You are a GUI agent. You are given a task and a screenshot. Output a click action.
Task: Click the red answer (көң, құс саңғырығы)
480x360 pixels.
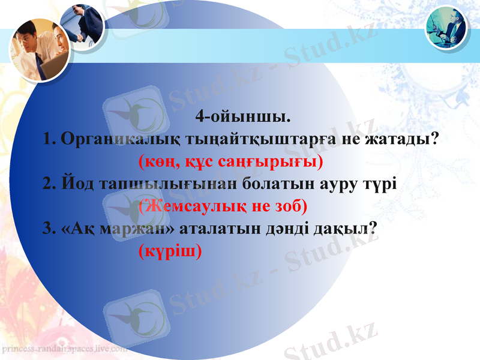[x=230, y=161]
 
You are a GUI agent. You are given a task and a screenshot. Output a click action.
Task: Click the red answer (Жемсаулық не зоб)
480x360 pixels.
[x=223, y=206]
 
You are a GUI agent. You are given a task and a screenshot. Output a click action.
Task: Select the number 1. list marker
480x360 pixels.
[x=50, y=139]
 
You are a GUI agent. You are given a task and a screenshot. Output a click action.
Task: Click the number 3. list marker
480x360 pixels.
[x=50, y=229]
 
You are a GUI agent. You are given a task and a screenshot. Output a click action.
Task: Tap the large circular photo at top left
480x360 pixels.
[x=40, y=49]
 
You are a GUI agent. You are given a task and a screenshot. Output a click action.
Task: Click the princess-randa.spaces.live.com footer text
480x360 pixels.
[x=64, y=348]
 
